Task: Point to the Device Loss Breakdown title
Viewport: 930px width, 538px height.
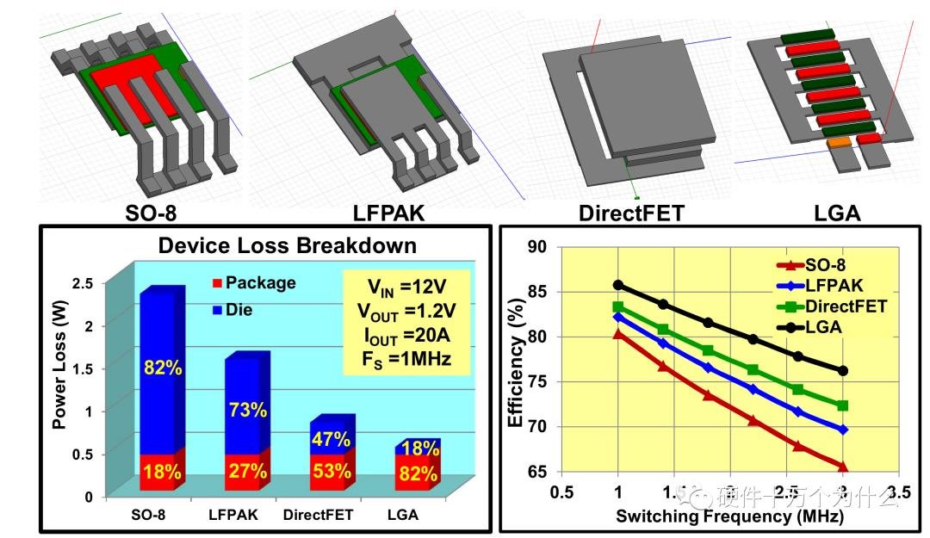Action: pyautogui.click(x=287, y=245)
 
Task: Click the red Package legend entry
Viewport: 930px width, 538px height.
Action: pyautogui.click(x=254, y=282)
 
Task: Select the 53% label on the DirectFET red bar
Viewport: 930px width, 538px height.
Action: pyautogui.click(x=332, y=472)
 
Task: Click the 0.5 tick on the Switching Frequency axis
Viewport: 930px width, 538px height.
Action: pyautogui.click(x=562, y=492)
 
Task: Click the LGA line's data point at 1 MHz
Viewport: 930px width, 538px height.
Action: pyautogui.click(x=618, y=285)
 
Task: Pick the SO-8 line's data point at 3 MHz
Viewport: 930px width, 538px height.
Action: pyautogui.click(x=842, y=467)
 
